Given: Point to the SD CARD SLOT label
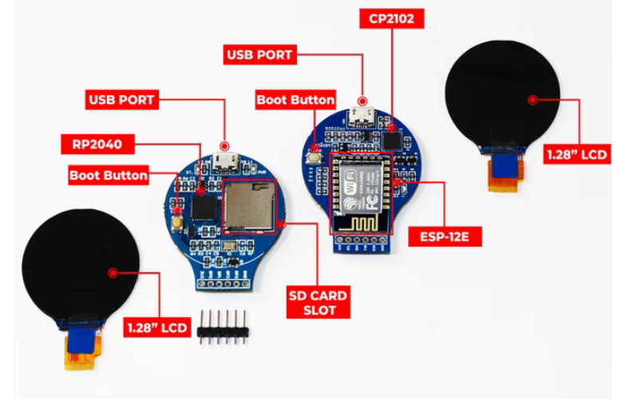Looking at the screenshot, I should pos(318,302).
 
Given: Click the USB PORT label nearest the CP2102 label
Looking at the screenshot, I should pos(261,55).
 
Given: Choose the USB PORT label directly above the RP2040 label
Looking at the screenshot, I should pos(121,100).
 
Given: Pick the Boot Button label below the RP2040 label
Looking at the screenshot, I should pos(109,175).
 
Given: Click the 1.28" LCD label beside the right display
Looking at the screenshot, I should pos(576,154).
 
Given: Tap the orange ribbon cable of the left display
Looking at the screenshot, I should pos(81,354).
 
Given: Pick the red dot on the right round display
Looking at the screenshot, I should pos(532,99).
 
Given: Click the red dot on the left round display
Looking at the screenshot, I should pos(113,273).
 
